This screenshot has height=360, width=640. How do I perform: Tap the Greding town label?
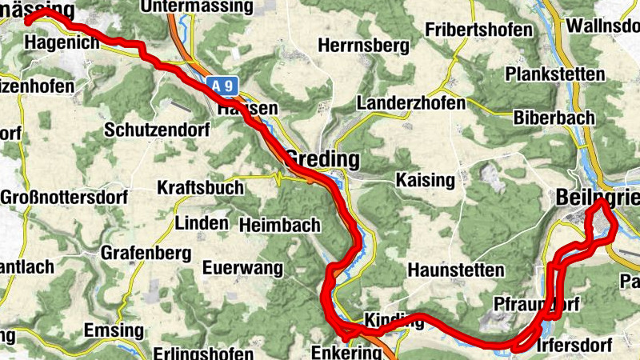(322, 158)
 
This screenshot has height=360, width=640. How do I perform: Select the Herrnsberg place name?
(364, 46)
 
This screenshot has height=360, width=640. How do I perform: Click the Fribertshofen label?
(479, 30)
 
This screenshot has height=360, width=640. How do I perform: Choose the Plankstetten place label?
(555, 74)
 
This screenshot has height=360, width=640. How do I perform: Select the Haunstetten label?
(456, 270)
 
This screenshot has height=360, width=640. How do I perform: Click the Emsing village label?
(114, 330)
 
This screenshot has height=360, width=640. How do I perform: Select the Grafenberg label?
(146, 254)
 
